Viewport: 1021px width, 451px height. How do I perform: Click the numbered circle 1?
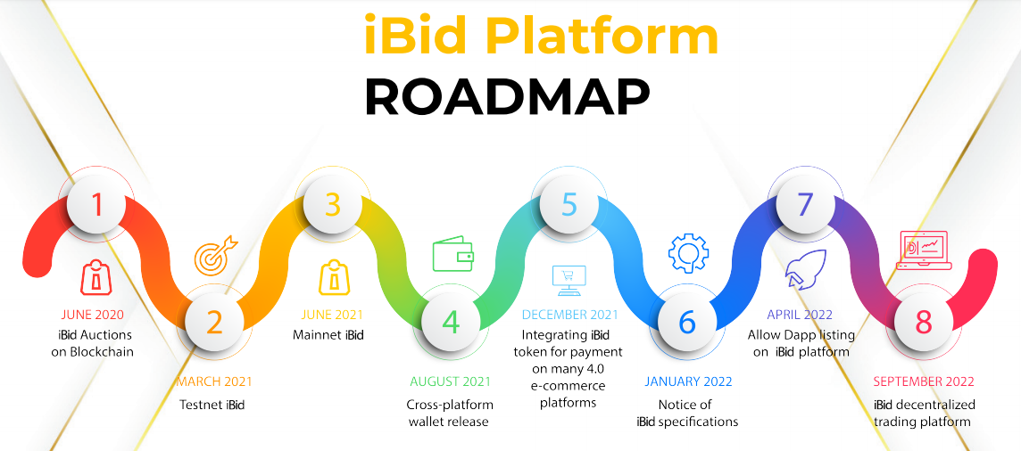coord(96,205)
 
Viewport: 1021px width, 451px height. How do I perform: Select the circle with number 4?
coord(451,322)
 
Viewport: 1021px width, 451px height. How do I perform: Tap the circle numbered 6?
coord(687,322)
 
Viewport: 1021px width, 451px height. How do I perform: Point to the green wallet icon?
coord(453,255)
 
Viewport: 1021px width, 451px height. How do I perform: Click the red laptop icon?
coord(925,251)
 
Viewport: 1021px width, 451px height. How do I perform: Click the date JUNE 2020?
coord(93,315)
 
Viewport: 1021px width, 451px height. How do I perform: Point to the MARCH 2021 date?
coord(214,381)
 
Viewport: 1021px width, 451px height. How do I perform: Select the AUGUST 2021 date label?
coord(450,381)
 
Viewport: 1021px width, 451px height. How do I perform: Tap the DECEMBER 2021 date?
coord(569,315)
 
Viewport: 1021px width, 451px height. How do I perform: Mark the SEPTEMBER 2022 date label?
coord(924,381)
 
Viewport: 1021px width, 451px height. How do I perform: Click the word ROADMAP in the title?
coord(507,96)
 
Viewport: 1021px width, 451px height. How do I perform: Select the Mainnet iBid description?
coord(329,335)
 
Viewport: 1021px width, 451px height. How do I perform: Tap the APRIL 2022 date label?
coord(799,315)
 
